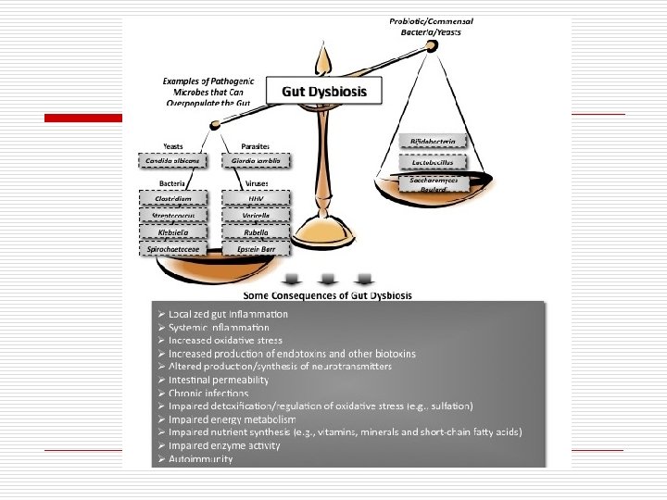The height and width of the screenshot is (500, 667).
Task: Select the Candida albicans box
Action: pyautogui.click(x=173, y=161)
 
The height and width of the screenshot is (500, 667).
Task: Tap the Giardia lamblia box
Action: pyautogui.click(x=257, y=161)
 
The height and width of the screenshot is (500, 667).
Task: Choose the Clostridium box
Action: pyautogui.click(x=173, y=198)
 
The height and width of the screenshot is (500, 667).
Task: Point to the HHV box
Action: pyautogui.click(x=257, y=198)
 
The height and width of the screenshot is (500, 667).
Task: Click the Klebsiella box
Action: pyautogui.click(x=173, y=232)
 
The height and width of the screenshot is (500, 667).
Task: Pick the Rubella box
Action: pyautogui.click(x=257, y=232)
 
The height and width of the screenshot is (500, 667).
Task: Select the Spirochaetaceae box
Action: pyautogui.click(x=173, y=249)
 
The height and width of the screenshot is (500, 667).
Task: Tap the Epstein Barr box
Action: pyautogui.click(x=257, y=249)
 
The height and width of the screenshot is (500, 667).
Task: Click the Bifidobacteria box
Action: pyautogui.click(x=433, y=142)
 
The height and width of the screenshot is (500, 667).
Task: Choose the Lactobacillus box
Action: pyautogui.click(x=433, y=162)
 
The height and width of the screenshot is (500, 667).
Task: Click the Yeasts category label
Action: pyautogui.click(x=173, y=146)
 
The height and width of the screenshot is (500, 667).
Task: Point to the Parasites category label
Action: pyautogui.click(x=256, y=146)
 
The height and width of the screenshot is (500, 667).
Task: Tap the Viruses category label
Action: pyautogui.click(x=256, y=183)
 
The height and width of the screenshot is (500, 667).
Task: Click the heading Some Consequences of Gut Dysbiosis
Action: pyautogui.click(x=327, y=295)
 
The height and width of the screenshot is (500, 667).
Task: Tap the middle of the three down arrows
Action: pyautogui.click(x=326, y=280)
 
